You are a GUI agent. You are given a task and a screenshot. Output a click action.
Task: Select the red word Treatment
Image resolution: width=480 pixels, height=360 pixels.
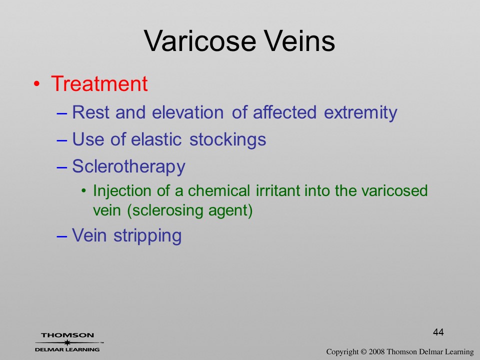pos(99,83)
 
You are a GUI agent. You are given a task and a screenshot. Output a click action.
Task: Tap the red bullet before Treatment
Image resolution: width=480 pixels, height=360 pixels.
pos(36,84)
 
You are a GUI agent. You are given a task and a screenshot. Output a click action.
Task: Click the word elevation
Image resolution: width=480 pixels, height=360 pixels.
pos(187,112)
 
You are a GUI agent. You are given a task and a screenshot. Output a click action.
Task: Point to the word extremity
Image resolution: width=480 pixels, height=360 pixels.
pos(360,112)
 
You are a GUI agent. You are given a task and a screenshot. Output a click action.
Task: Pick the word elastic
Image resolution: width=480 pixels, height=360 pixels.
pos(156,139)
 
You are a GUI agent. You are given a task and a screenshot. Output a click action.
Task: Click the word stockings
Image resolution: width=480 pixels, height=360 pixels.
pos(228,140)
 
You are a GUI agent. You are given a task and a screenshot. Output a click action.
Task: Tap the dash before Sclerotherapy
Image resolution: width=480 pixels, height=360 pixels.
pos(62,168)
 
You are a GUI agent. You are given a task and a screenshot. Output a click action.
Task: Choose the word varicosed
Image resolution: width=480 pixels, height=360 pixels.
pos(394,190)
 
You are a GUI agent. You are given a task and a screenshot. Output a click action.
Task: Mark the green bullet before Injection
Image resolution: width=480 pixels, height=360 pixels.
pos(84,191)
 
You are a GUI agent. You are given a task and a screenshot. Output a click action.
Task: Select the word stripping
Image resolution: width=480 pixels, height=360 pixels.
pos(147,236)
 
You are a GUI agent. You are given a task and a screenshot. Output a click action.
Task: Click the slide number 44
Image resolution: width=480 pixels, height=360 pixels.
pos(438,332)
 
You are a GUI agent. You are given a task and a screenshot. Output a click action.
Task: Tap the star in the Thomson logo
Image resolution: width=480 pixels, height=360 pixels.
pos(67,342)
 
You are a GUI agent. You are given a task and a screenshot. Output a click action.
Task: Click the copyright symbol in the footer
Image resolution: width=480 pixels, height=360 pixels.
pos(363,352)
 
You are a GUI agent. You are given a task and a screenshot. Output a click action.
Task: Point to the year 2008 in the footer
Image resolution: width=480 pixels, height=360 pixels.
pos(376,352)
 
